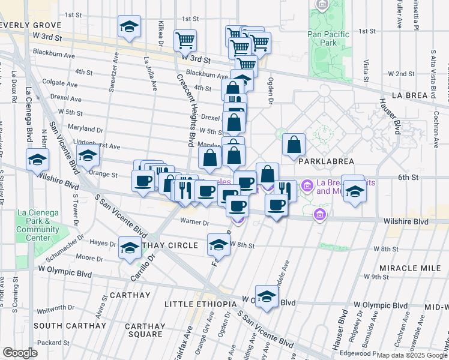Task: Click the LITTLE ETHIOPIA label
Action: coord(200,304)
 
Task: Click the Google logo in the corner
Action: coord(19,353)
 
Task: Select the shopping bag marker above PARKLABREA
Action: coord(294,145)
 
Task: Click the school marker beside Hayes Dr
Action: coord(130,248)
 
